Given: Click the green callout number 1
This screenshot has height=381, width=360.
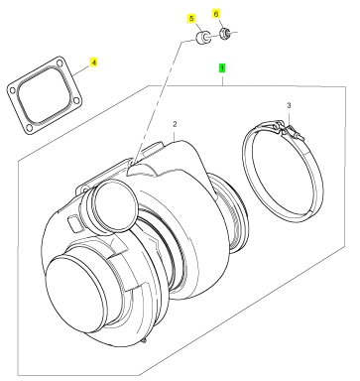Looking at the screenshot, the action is tap(222, 68).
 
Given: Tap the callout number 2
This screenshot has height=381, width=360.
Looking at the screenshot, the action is tap(175, 124).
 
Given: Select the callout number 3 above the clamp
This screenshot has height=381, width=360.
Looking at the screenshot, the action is tap(289, 106).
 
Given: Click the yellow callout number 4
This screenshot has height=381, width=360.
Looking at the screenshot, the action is tap(94, 63).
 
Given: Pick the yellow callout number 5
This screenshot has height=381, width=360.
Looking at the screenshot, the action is tap(191, 19).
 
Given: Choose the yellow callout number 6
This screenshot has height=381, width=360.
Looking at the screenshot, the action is tap(216, 14).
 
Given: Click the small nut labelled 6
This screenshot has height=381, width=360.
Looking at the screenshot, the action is tap(225, 33).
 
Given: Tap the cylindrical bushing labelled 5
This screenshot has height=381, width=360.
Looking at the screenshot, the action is tap(202, 38).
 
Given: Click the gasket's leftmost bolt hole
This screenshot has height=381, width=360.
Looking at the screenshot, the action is tap(12, 90).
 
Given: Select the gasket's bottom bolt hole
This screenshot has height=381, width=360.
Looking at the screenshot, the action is tap(29, 127).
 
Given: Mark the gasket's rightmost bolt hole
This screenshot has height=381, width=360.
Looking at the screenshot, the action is tap(76, 100).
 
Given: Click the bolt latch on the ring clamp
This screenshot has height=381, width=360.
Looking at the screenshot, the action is tap(289, 130).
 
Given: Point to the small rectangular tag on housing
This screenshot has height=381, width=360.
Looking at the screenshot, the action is tap(73, 222).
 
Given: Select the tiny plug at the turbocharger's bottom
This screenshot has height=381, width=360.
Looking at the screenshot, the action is tap(144, 340).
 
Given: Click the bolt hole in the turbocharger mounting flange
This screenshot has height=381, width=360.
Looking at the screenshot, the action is tap(85, 190).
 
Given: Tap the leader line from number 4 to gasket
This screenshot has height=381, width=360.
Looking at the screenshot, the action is tap(81, 69).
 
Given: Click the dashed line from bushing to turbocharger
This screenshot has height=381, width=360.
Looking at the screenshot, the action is tap(159, 101).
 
